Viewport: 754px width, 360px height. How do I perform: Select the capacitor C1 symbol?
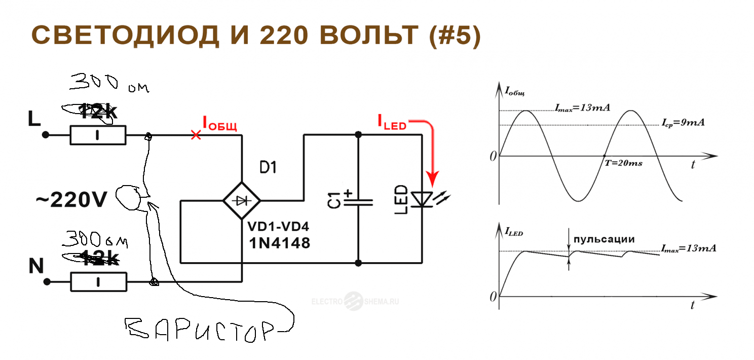point(358,201)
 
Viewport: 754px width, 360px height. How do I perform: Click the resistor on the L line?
point(97,135)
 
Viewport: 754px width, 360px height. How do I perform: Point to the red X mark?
point(196,135)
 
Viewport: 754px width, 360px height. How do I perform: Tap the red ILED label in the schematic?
point(392,121)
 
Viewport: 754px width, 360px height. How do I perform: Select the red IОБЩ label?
point(219,123)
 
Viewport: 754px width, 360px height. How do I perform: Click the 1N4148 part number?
point(279,243)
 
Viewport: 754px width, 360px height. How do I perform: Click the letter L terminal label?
point(34,119)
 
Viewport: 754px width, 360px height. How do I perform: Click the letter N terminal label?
point(36,266)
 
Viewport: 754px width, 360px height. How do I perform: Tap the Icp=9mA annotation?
point(683,123)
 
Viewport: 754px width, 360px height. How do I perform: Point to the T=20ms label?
point(624,164)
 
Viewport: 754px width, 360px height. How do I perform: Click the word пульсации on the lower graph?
point(602,238)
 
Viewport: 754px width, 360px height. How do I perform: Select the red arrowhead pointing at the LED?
point(432,178)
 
